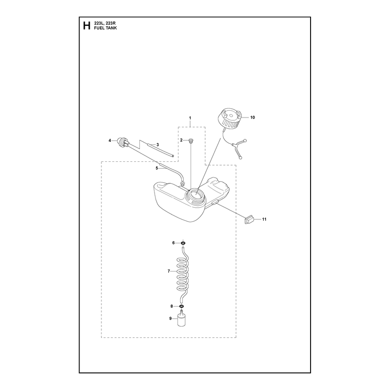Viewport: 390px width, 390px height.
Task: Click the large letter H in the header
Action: [x=87, y=26]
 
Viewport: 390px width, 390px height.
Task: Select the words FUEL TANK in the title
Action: [x=105, y=28]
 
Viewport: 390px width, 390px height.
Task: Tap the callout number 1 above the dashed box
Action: [x=190, y=118]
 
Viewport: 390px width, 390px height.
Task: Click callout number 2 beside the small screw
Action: [x=181, y=140]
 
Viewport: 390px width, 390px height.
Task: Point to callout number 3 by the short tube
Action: [x=157, y=144]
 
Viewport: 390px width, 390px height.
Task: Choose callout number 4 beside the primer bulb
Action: [x=110, y=140]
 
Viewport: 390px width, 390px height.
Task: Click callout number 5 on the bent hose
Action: [x=156, y=168]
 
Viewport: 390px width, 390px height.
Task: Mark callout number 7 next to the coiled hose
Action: [x=169, y=271]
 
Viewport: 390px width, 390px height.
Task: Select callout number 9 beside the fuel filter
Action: [x=170, y=318]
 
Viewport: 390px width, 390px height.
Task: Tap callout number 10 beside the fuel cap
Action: [x=253, y=117]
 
